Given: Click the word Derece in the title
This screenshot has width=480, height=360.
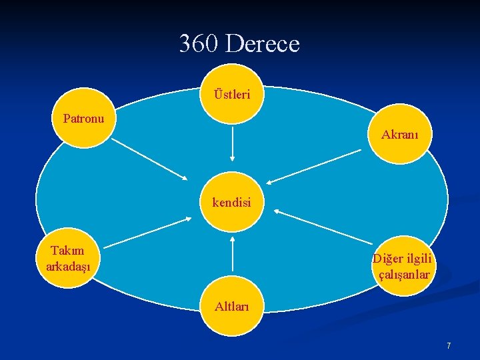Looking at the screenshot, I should [x=262, y=44].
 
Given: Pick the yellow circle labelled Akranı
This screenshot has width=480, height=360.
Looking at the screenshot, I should [x=400, y=135].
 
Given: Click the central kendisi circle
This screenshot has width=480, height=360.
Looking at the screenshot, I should [x=232, y=202].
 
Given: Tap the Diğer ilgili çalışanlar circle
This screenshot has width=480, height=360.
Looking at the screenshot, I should [x=403, y=266].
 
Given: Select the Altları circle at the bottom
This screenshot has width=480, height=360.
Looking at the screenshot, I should [x=232, y=307].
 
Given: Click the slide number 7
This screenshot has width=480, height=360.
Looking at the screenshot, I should [x=449, y=345].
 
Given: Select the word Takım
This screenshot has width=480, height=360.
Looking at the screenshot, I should [x=68, y=251].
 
